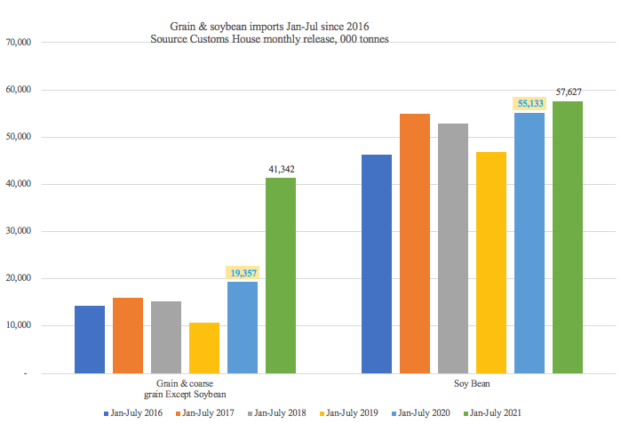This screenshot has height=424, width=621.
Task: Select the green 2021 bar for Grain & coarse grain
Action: [281, 275]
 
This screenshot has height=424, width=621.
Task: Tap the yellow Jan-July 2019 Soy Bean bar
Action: [491, 262]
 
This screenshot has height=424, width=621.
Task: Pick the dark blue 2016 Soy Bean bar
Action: [377, 263]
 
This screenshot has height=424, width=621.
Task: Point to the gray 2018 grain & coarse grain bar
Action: [166, 337]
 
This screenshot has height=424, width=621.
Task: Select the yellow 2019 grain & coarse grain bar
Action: [204, 348]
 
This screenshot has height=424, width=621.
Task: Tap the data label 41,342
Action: [282, 168]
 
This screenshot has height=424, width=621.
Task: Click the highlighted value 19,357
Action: [243, 272]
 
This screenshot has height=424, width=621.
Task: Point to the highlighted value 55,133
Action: [530, 103]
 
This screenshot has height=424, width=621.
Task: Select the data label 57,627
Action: [568, 92]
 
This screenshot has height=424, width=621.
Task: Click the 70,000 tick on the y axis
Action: [20, 42]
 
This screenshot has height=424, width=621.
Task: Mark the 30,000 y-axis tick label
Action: [20, 231]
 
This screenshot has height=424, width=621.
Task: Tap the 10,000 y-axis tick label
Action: [20, 326]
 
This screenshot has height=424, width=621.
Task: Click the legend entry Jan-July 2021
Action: [497, 412]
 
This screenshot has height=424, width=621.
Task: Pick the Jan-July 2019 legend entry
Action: [350, 412]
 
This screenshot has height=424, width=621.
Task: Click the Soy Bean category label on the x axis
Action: [472, 384]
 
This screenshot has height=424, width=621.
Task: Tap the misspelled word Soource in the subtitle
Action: [175, 39]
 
